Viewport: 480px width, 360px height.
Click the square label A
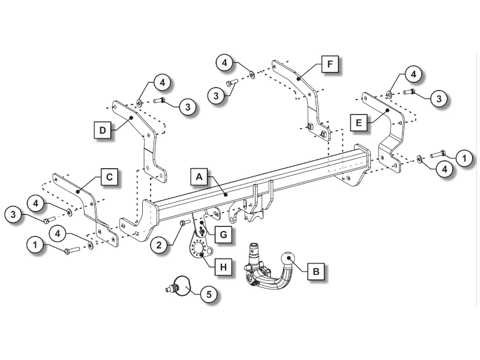[200, 176]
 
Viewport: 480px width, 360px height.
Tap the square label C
[109, 177]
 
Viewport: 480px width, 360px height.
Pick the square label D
[104, 129]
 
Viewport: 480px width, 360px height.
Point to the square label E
[359, 123]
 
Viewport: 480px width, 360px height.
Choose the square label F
[330, 63]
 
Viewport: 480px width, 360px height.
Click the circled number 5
[208, 294]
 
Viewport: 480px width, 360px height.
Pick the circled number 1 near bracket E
[464, 158]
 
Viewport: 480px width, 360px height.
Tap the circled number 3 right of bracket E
[439, 98]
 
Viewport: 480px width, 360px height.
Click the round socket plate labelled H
[197, 248]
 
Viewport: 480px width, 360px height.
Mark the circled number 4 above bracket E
[413, 74]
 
